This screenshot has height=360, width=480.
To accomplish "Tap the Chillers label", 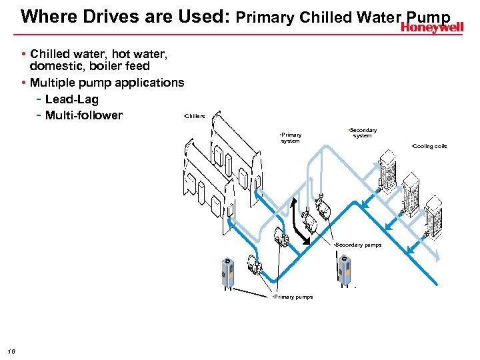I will (194, 116).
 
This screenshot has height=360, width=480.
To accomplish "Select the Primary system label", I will (291, 137).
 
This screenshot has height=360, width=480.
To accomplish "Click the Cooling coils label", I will (429, 146).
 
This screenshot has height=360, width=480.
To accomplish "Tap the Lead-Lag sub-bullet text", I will (71, 99).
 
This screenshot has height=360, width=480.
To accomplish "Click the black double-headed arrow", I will (301, 222).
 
